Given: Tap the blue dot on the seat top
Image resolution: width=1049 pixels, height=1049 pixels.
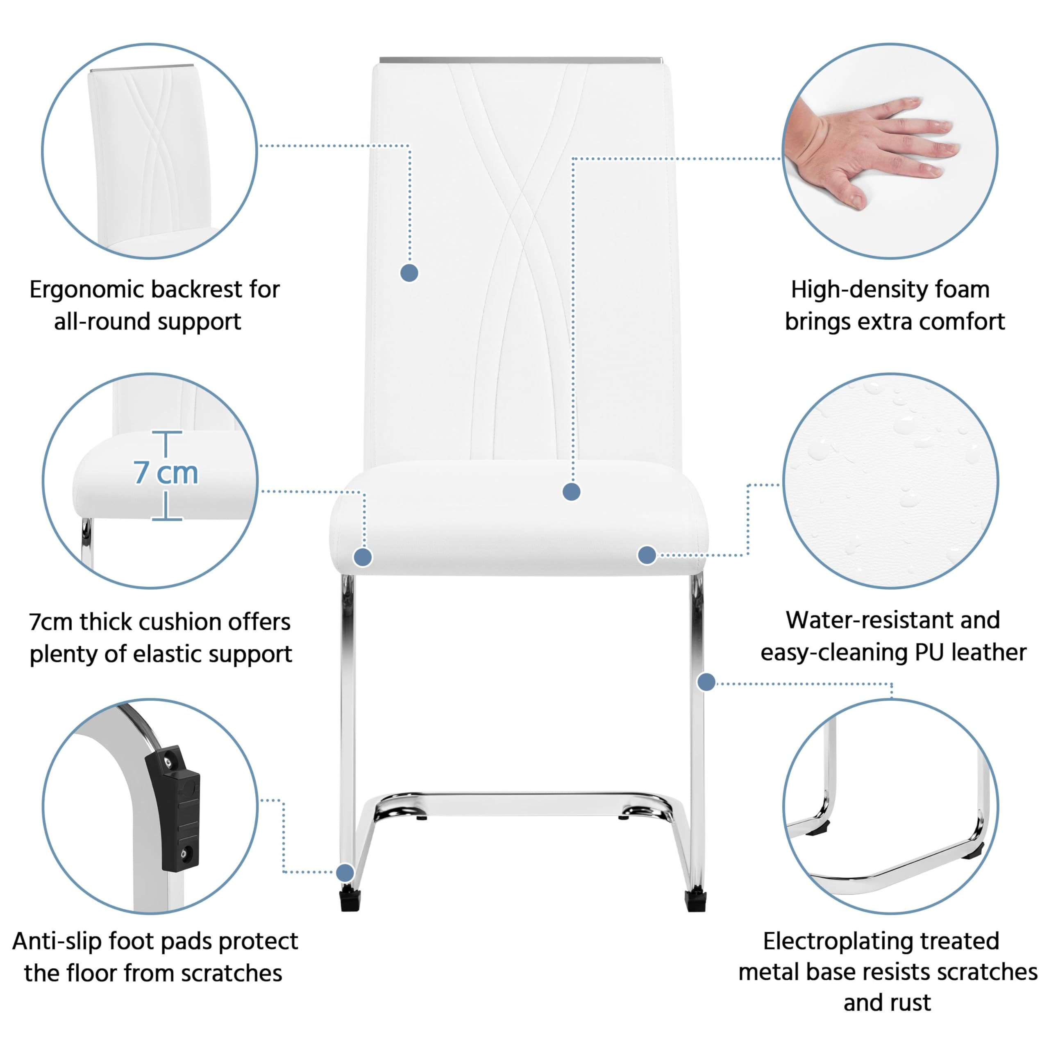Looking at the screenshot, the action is coord(571,492).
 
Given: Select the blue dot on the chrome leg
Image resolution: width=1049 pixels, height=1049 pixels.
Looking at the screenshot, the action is coord(706,682).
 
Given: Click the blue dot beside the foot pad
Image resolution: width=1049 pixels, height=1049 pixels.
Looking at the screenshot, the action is coord(345,872).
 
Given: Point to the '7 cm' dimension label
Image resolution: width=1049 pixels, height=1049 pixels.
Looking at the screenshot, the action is coord(166,473).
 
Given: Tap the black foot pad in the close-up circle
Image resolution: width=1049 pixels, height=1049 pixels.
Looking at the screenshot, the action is coord(173,809).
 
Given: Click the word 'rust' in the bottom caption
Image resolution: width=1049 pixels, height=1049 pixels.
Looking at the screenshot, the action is coord(912,1003).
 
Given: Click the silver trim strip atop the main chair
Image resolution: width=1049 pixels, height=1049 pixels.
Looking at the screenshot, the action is coord(520,60).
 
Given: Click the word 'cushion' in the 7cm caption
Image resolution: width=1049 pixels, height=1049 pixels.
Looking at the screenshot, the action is coord(178,622).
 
